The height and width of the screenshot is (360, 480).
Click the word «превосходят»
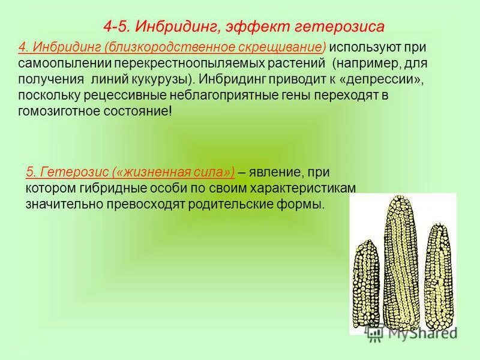pos(151,205)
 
